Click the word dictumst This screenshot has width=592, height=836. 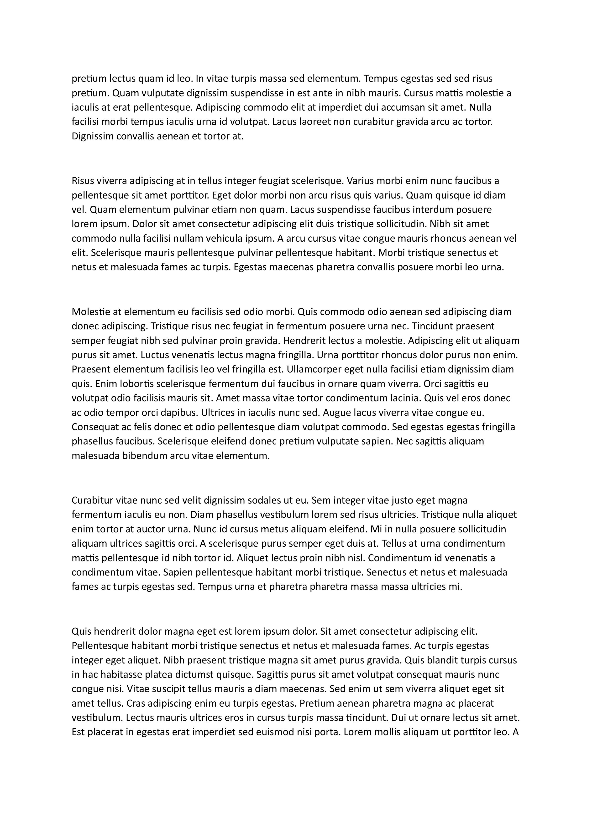195,675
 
